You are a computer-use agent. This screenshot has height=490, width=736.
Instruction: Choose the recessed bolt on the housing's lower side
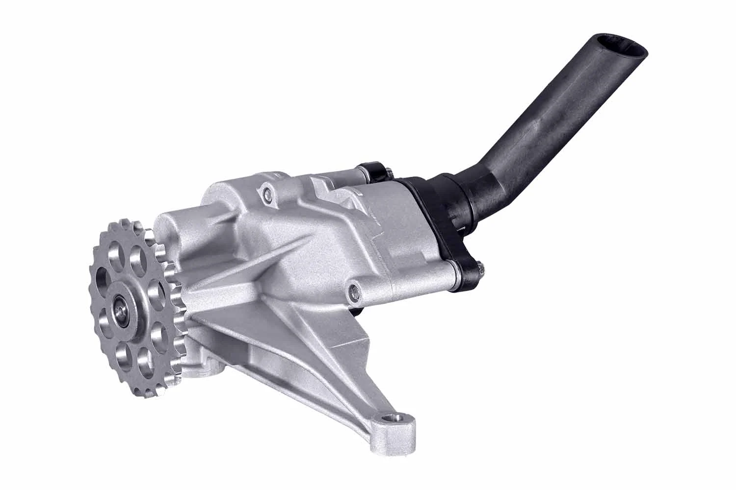(x=353, y=293)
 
